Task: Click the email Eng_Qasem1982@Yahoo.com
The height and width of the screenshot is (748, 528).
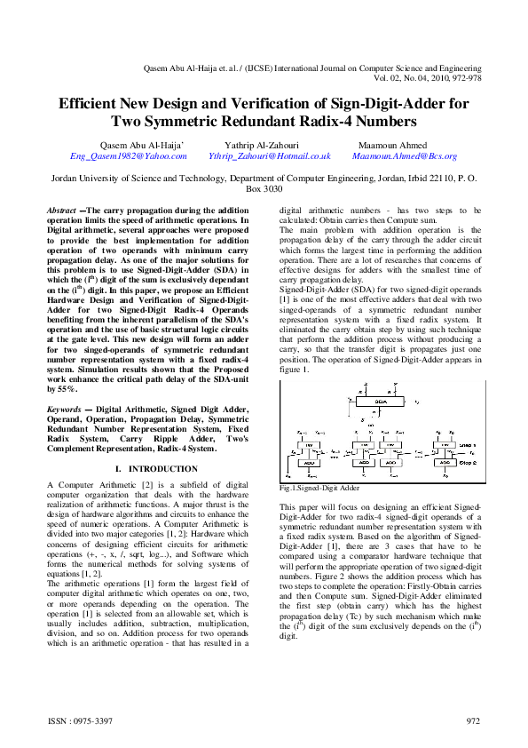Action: (129, 155)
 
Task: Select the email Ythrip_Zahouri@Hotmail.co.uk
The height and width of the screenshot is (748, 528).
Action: (269, 155)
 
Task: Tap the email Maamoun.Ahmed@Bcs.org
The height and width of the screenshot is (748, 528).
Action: (404, 155)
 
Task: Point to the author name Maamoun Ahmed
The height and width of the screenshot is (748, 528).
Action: (392, 145)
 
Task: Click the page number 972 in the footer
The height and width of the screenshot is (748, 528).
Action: (473, 721)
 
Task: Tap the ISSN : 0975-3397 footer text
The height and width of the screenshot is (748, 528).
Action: (79, 721)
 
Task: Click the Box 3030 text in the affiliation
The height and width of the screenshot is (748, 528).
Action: (264, 189)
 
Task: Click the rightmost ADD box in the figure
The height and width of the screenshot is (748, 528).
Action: (444, 462)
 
